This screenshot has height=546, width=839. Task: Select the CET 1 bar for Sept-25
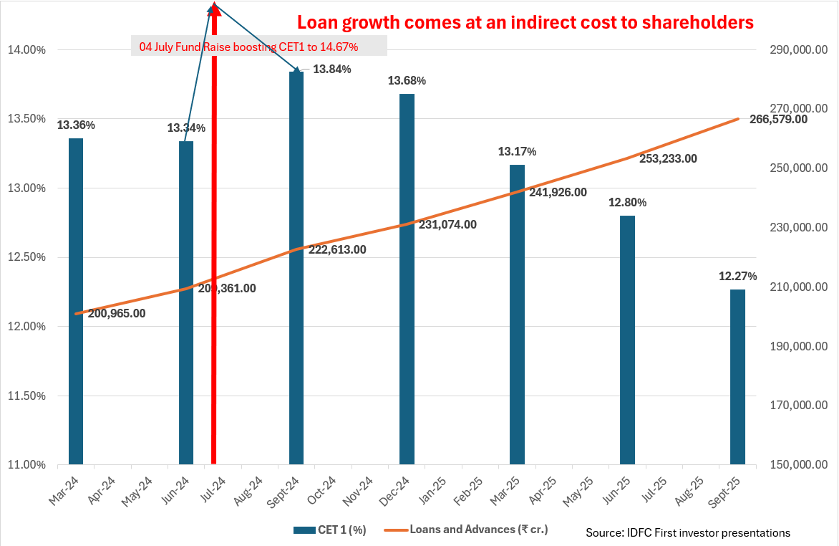click(737, 377)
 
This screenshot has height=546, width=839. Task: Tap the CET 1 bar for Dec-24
click(407, 279)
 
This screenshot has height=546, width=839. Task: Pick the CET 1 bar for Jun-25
click(627, 340)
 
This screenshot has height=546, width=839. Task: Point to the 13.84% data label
click(331, 70)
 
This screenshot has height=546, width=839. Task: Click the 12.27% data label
click(738, 276)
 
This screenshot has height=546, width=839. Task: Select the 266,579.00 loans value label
click(778, 119)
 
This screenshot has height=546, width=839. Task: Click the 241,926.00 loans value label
click(558, 192)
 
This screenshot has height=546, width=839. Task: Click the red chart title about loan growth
click(525, 23)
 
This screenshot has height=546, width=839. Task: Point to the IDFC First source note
click(688, 532)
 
